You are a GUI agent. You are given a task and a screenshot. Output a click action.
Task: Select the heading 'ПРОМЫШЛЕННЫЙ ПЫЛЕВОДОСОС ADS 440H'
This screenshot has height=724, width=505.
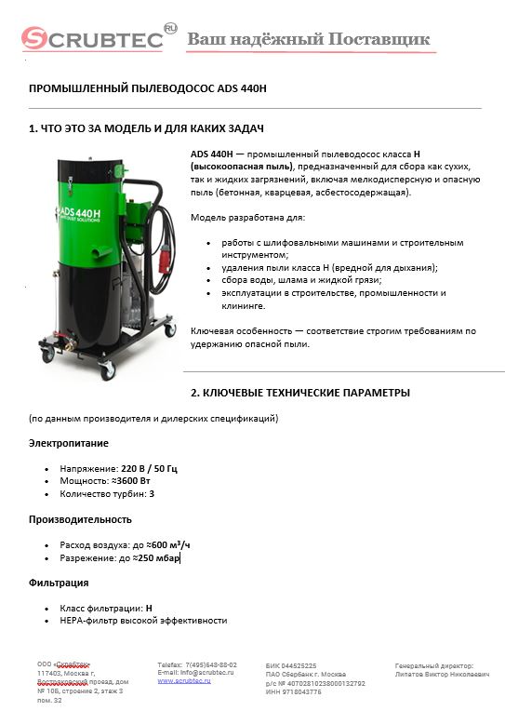tap(148, 88)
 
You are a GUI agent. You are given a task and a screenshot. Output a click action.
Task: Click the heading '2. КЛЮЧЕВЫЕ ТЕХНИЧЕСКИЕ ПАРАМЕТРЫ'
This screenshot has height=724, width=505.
tap(299, 392)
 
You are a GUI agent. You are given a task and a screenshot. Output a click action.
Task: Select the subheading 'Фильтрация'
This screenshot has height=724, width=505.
tap(59, 583)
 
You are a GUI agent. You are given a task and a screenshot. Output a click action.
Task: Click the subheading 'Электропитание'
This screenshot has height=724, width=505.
tap(68, 443)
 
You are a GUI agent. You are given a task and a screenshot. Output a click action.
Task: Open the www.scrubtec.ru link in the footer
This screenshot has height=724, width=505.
tap(183, 681)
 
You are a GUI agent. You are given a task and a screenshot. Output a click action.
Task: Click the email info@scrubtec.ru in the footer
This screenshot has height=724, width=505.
tap(207, 673)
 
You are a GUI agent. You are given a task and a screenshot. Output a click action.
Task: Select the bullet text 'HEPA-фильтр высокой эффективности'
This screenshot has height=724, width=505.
tap(143, 620)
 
